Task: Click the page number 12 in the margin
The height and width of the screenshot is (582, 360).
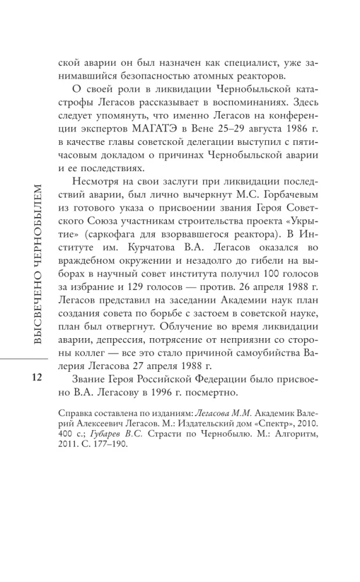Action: point(36,378)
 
